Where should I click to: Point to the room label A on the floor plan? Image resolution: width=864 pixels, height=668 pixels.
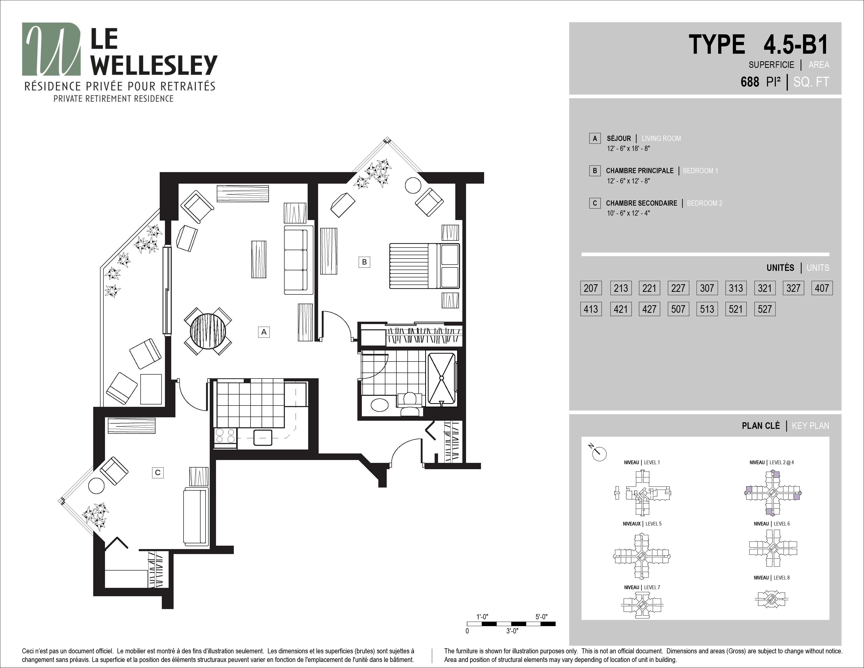[x=264, y=332]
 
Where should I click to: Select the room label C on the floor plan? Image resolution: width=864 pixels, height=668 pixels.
[x=158, y=473]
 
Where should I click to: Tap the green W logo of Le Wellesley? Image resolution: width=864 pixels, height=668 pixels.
[x=51, y=49]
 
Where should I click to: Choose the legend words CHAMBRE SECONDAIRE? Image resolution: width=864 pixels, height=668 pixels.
[x=641, y=203]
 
